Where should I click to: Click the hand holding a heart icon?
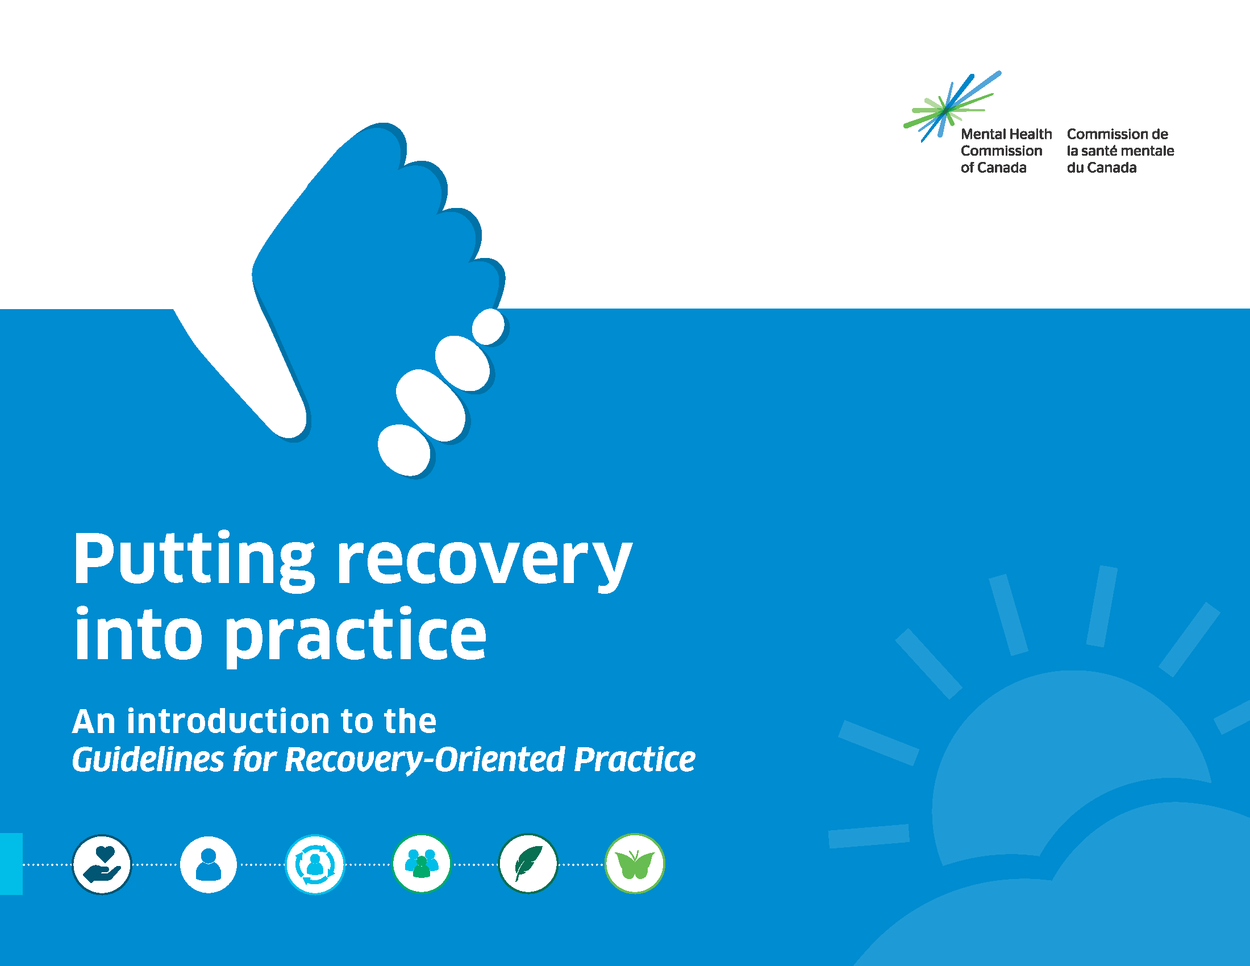pos(102,864)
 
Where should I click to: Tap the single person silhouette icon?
pos(209,864)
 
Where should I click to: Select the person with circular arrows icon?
pos(315,864)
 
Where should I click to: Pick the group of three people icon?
pos(421,864)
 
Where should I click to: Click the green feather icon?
pos(528,864)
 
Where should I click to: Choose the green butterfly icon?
pos(635,864)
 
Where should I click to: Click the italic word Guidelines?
pos(148,759)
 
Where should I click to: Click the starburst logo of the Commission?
pos(951,106)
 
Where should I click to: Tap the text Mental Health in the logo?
pos(1006,134)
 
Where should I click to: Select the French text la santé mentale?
pos(1120,151)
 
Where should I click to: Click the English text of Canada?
pos(994,168)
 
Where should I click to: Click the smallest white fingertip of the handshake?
pos(488,327)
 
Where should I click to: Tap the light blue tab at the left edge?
pos(11,864)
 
